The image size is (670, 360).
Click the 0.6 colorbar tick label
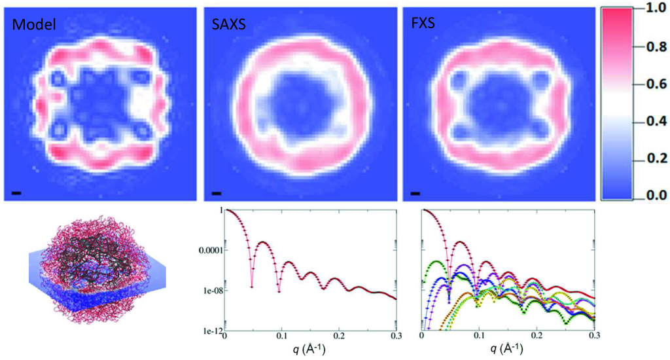click(x=651, y=84)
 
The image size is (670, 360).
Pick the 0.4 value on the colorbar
click(x=651, y=121)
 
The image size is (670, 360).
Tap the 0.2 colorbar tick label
click(x=651, y=158)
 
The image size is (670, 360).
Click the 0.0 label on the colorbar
click(x=651, y=195)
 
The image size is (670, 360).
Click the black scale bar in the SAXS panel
click(x=216, y=193)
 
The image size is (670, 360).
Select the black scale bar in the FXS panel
click(x=415, y=193)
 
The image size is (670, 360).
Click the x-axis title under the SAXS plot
click(x=309, y=350)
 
